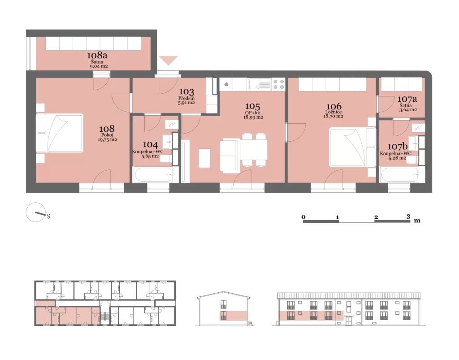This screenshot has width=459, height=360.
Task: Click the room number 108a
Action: point(97,55)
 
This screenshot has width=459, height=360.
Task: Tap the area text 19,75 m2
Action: point(108,139)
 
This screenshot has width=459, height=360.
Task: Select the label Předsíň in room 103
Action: point(186,98)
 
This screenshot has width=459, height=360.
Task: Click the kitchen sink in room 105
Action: point(260,84)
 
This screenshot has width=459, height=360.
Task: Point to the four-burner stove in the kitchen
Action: point(278,84)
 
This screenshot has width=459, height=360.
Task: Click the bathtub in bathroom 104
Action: point(153,174)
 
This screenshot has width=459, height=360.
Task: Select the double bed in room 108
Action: point(60,133)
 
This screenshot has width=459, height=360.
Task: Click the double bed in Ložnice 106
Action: point(352,147)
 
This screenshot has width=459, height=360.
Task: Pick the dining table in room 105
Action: point(254,150)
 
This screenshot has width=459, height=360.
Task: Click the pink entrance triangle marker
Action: point(169,61)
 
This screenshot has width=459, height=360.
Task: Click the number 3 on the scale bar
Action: point(408,217)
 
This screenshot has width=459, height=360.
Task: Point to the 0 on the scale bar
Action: point(303,217)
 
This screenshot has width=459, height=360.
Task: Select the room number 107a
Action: point(407,99)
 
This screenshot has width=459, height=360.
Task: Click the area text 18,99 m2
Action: point(253,117)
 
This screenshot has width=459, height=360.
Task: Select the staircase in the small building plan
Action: point(105,317)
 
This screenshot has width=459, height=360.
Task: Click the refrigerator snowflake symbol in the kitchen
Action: point(226,84)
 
